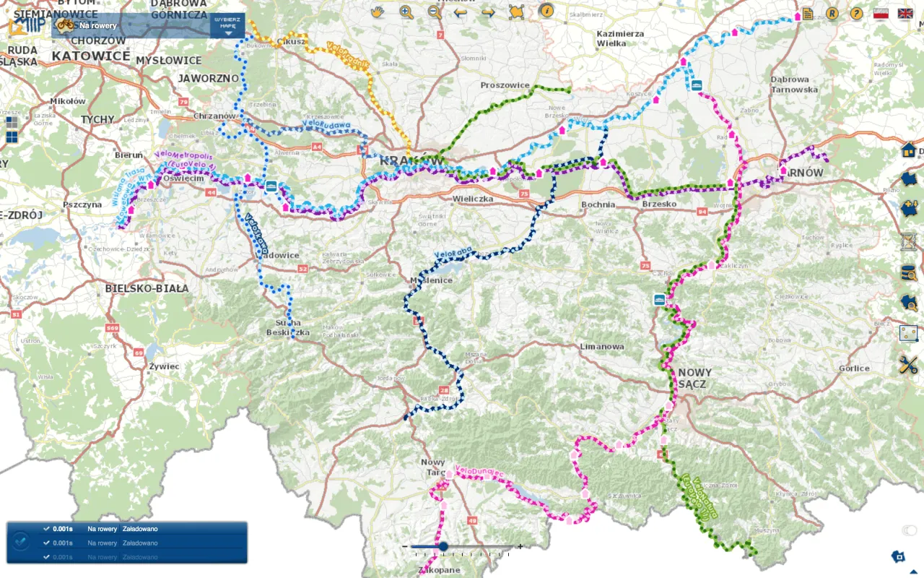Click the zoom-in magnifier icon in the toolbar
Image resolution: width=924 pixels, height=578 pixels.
point(406,12)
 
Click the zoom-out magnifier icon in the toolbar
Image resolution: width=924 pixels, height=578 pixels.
point(434,12)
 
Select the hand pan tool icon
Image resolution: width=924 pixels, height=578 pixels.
point(378,12)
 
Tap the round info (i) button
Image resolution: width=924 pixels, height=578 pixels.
point(546,11)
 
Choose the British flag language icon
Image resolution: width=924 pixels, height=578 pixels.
point(905,13)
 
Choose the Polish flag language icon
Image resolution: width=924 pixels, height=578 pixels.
point(880,13)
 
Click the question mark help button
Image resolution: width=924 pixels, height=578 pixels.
point(856,13)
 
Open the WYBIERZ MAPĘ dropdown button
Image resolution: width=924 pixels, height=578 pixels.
point(228,25)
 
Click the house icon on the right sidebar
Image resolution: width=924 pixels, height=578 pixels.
point(908,150)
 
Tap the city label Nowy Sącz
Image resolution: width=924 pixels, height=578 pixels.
point(694,379)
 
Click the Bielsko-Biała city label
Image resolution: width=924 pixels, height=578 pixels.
point(147,288)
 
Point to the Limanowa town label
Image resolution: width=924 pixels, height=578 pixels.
point(602,347)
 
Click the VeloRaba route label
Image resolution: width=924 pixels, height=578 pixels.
point(452,254)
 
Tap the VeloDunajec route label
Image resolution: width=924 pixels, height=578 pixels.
point(479,472)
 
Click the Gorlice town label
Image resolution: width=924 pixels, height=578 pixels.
point(854,368)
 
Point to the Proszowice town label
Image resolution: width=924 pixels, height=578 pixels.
point(505,85)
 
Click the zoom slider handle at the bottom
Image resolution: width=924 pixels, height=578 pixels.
point(443,547)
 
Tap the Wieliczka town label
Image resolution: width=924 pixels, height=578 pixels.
point(472,198)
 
